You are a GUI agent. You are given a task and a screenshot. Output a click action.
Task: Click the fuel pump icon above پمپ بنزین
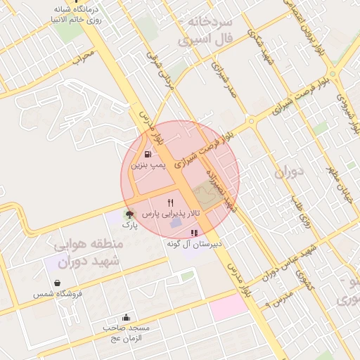pyautogui.click(x=147, y=154)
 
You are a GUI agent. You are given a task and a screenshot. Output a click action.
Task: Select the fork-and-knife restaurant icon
pyautogui.click(x=170, y=202)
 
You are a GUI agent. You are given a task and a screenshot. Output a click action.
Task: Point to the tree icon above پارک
pyautogui.click(x=129, y=214)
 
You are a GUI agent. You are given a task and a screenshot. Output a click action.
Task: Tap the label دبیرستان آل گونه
pyautogui.click(x=194, y=244)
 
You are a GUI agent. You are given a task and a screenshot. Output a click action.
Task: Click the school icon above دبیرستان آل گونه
pyautogui.click(x=194, y=233)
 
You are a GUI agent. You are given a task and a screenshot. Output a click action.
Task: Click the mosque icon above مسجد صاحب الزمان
pyautogui.click(x=126, y=317)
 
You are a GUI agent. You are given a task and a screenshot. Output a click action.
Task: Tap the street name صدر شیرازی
pyautogui.click(x=220, y=87)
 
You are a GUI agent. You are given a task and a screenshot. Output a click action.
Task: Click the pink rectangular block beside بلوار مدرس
pyautogui.click(x=229, y=307)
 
